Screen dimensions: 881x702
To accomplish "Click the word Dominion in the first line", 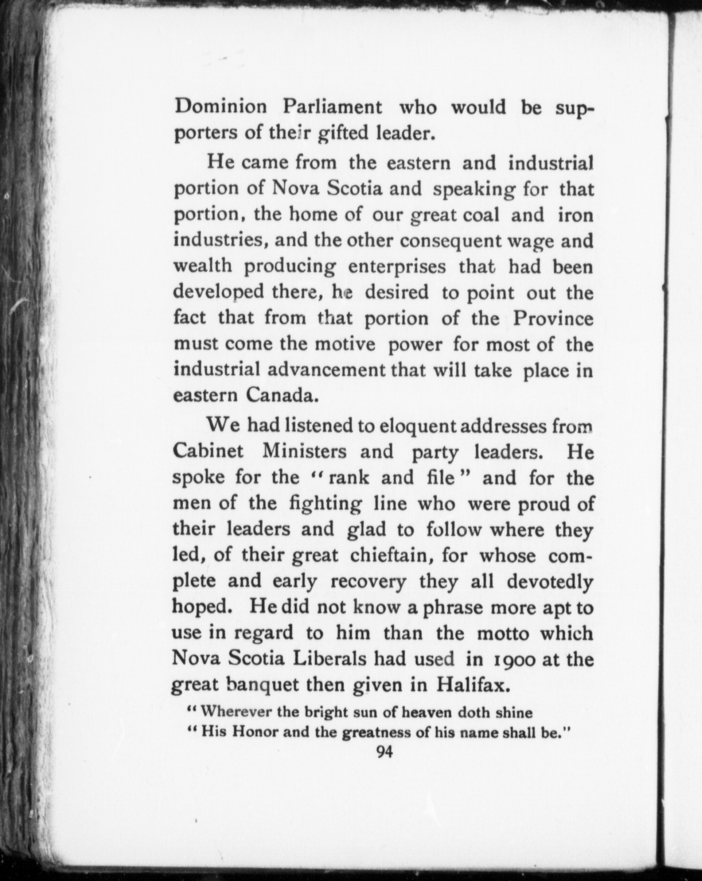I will click(x=220, y=107).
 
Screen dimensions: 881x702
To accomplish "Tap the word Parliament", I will click(x=333, y=107).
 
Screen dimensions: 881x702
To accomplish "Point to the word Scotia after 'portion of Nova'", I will click(x=355, y=189).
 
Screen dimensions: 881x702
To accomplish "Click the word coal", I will click(x=481, y=215).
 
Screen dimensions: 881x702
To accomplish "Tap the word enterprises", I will click(x=397, y=267).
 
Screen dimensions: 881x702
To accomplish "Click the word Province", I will click(x=553, y=319).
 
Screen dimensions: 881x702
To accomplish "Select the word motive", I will click(x=344, y=344).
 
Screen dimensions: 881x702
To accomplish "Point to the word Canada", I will click(x=282, y=396).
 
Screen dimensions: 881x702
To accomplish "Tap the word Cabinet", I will click(x=208, y=452).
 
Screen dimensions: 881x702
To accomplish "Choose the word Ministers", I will click(x=305, y=452).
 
